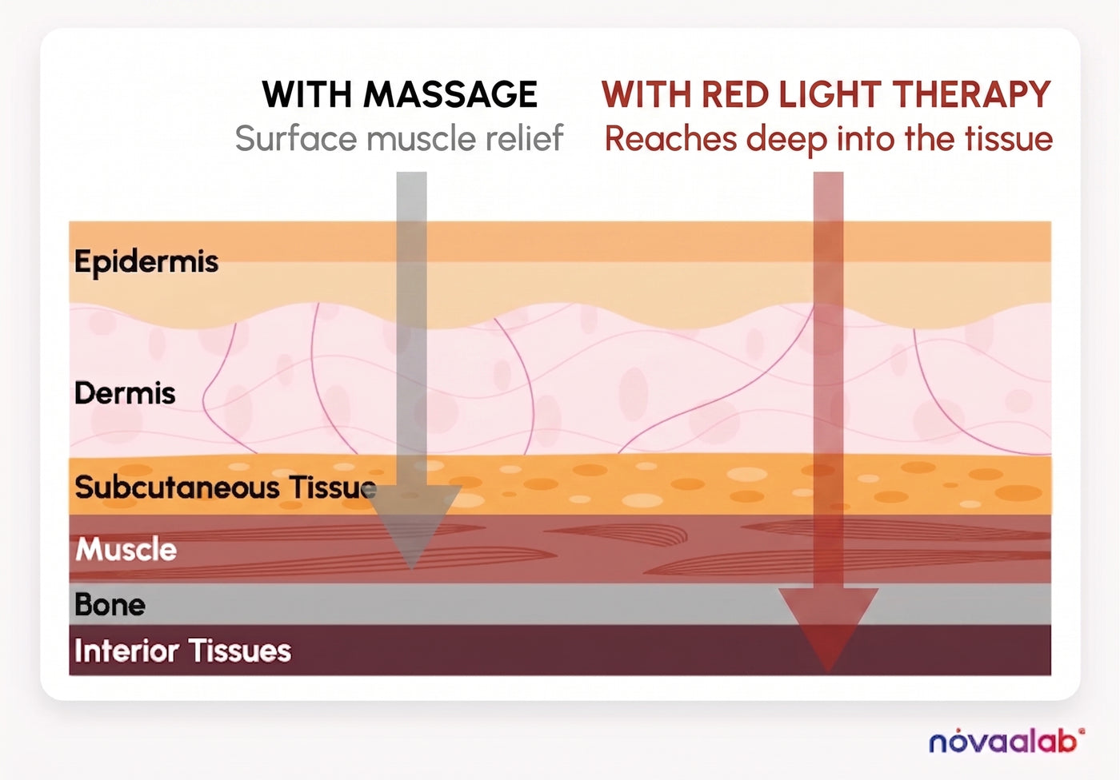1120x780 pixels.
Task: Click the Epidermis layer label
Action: tap(146, 262)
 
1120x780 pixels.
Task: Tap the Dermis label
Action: tap(125, 393)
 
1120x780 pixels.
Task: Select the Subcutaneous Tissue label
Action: tap(226, 487)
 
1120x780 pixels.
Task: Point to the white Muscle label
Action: tap(126, 549)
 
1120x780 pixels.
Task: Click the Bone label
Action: tap(110, 604)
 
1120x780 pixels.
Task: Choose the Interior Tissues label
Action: tap(182, 651)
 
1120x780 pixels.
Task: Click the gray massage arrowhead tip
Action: tap(411, 569)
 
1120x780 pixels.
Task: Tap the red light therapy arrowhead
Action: tap(829, 629)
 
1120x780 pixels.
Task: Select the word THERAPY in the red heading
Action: tap(971, 94)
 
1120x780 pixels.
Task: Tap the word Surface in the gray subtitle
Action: tap(296, 138)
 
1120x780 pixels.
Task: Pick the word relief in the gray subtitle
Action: tap(525, 137)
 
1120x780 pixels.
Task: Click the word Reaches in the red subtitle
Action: tap(671, 138)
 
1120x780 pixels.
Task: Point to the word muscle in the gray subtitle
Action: tap(422, 138)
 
